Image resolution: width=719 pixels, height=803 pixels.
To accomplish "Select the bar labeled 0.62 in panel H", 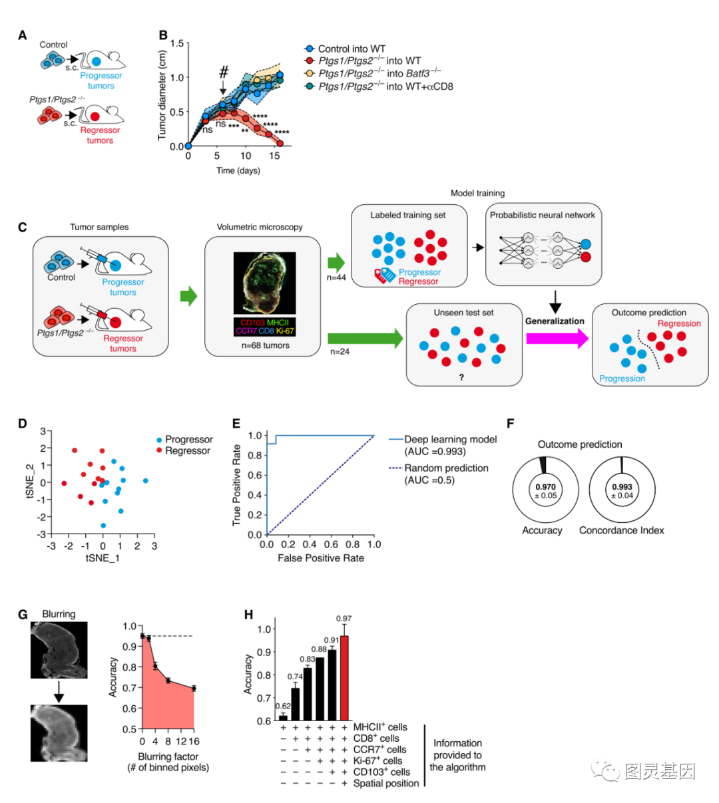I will [x=283, y=717].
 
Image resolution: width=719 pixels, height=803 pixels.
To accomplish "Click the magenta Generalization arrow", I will [x=557, y=339].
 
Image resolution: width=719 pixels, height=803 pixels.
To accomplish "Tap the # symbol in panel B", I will [x=224, y=72].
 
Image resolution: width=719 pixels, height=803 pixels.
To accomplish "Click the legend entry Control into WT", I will [x=352, y=49].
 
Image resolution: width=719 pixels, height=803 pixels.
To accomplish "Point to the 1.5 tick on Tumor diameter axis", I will [x=176, y=43].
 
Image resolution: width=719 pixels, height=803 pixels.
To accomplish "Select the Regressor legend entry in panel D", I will [x=187, y=451].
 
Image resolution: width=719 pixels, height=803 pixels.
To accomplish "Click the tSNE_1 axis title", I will [x=103, y=558].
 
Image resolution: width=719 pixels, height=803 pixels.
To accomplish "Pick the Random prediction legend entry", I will [x=446, y=468].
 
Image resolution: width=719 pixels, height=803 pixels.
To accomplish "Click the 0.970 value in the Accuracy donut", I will [x=545, y=487].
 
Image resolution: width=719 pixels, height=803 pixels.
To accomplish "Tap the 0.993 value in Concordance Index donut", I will [x=621, y=487].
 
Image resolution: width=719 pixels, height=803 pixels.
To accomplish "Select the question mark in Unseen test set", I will [x=461, y=377].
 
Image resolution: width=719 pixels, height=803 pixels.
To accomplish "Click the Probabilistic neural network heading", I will [x=542, y=215].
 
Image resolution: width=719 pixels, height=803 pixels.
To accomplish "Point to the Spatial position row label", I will [x=386, y=783].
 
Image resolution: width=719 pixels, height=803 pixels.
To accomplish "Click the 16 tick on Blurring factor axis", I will [x=194, y=741].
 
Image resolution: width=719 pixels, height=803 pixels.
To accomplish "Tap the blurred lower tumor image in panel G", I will [x=59, y=732].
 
